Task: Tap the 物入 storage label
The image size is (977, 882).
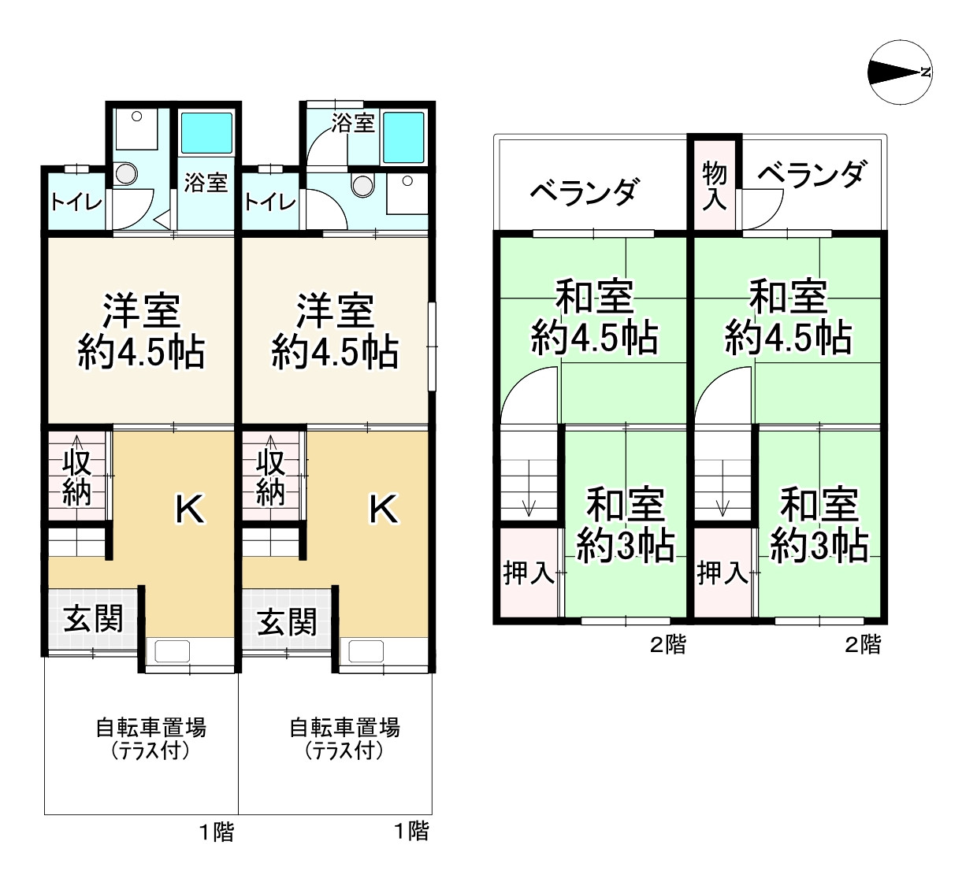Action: coord(714,186)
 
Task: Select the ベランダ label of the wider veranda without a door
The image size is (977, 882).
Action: coord(584,191)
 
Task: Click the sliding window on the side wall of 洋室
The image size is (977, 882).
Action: coord(432,346)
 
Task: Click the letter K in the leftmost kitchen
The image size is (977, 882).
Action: coord(190,510)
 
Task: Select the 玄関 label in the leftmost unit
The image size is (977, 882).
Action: coord(93,619)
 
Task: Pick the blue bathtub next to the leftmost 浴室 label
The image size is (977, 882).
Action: coord(206,132)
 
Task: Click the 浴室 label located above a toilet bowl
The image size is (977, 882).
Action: coord(352,123)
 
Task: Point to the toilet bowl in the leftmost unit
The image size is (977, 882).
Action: coord(123,172)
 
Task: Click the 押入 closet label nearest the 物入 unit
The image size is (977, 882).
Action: coord(722,573)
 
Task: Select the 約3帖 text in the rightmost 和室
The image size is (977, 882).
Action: coord(819,544)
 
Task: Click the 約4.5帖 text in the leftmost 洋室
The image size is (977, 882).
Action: coord(142,353)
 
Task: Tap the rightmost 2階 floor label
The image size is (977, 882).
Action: coord(863,645)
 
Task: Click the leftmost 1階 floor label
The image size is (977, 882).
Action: coord(216,832)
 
